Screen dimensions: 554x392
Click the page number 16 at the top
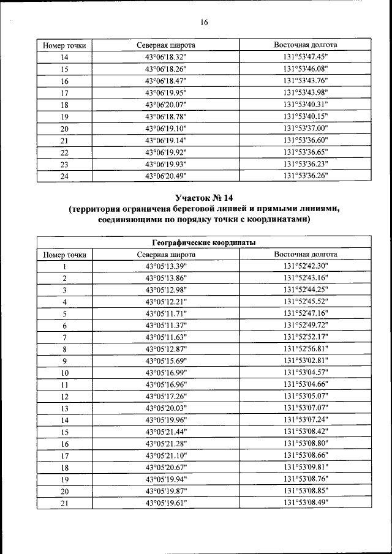204,23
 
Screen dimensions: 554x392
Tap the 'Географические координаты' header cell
204,243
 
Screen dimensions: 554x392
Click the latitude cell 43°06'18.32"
166,58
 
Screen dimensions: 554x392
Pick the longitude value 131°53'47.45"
306,58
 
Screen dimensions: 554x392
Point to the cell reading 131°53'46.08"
306,69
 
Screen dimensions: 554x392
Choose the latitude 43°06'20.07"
166,105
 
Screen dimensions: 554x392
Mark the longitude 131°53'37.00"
306,129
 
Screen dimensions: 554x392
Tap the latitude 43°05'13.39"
166,266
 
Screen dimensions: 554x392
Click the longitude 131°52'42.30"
306,266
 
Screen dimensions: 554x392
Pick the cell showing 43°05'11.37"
166,326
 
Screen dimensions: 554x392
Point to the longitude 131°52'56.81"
306,349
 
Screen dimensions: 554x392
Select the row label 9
64,361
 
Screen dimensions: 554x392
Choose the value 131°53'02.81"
306,361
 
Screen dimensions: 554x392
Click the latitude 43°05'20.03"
166,408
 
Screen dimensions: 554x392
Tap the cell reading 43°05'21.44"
166,432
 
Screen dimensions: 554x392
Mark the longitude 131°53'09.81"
306,468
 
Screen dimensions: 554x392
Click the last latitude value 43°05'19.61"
166,503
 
